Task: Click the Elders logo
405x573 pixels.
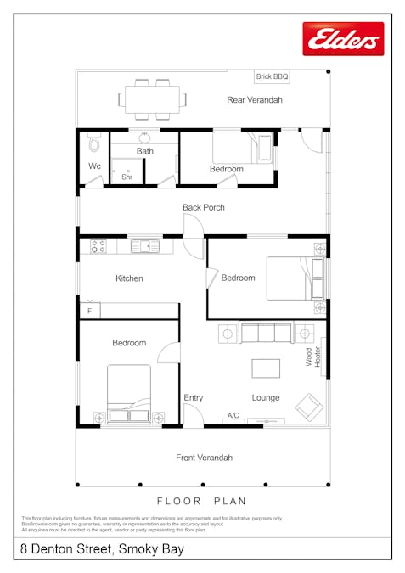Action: (x=343, y=39)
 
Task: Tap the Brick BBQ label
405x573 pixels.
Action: (x=272, y=76)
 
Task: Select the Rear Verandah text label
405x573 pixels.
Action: (x=254, y=100)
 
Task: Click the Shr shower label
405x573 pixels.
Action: (x=127, y=177)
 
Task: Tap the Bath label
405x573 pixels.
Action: (x=144, y=152)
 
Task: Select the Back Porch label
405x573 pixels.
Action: (x=203, y=207)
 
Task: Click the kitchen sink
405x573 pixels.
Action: (x=145, y=246)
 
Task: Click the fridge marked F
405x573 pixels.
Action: (x=89, y=310)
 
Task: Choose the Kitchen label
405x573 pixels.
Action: (x=129, y=278)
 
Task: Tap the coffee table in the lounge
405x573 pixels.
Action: (x=265, y=368)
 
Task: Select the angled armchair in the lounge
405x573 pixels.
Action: (x=309, y=407)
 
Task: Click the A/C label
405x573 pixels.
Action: (x=233, y=416)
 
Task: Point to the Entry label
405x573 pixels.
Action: (x=193, y=398)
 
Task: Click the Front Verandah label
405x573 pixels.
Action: (x=204, y=458)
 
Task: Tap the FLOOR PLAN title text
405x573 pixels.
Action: (x=202, y=501)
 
